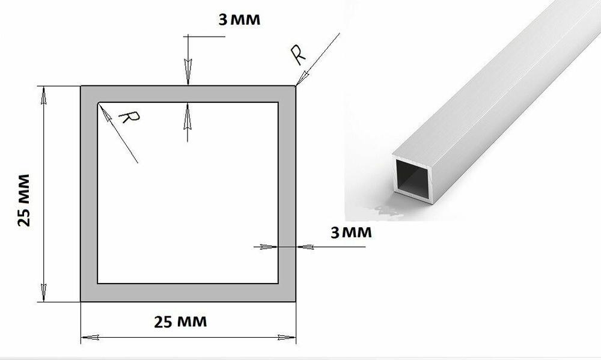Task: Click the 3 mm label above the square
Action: coord(239,19)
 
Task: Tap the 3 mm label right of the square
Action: coord(351,233)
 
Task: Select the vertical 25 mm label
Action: coord(24,200)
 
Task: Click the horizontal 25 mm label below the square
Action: coord(180,322)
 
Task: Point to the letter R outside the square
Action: coord(298,55)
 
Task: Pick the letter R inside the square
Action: coord(129,117)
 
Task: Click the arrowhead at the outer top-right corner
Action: coord(302,78)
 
